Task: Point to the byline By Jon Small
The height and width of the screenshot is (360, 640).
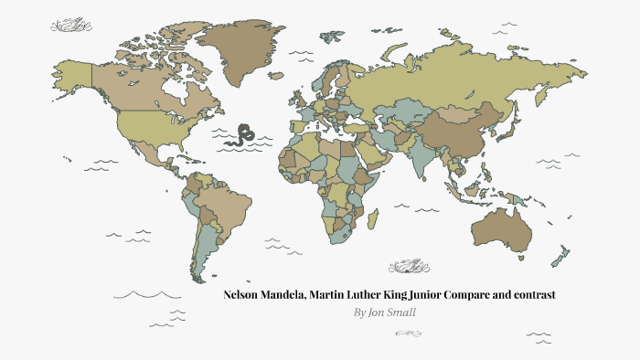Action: click(x=385, y=312)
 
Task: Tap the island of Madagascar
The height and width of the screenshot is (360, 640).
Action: click(x=373, y=219)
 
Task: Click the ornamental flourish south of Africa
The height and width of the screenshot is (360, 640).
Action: click(x=407, y=267)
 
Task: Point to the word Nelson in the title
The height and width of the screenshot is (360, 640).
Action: click(x=243, y=295)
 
